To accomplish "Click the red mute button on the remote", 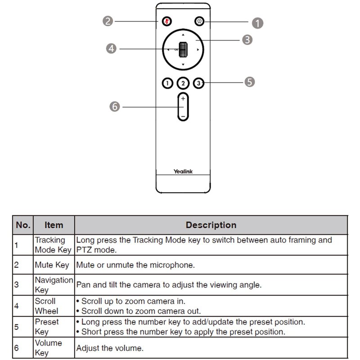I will (167, 21).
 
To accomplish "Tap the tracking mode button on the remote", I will (199, 21).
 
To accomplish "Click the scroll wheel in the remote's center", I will (183, 49).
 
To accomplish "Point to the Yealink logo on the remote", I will (183, 171).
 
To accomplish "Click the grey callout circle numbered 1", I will (257, 22).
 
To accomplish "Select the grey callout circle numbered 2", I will (107, 21).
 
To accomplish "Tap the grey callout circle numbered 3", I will (247, 40).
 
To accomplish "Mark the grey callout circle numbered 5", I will (250, 81).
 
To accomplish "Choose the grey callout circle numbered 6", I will (115, 107).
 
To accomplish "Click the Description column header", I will (211, 225).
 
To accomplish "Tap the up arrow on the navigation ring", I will (183, 35).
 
